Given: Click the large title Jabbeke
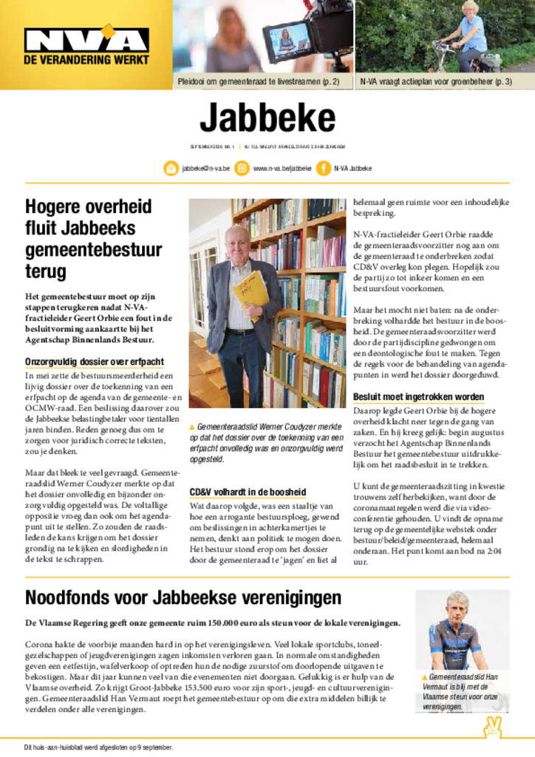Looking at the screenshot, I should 267,118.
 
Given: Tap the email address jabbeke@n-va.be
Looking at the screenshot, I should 205,169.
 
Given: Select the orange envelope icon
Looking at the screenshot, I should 171,169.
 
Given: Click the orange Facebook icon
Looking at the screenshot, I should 323,169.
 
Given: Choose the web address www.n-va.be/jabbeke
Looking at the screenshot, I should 282,169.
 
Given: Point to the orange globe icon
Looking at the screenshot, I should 242,169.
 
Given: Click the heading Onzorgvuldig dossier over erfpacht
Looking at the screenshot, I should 95,362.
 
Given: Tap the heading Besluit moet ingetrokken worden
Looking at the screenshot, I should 418,397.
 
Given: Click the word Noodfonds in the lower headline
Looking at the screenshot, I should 75,597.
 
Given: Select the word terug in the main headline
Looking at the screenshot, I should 46,271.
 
